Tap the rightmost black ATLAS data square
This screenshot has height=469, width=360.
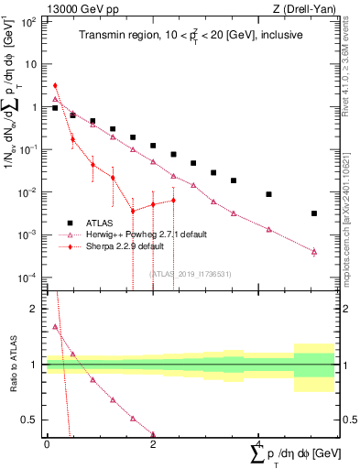(x=314, y=213)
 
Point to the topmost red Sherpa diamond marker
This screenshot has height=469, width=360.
(x=55, y=85)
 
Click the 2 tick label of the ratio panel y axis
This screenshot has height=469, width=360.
(x=34, y=309)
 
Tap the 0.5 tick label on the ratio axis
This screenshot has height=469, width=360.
(x=30, y=420)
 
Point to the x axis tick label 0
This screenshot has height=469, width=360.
(x=46, y=443)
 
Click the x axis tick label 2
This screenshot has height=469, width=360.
(x=153, y=443)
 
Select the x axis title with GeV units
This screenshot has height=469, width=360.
(x=292, y=455)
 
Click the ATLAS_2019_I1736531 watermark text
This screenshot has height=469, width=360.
(x=190, y=273)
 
